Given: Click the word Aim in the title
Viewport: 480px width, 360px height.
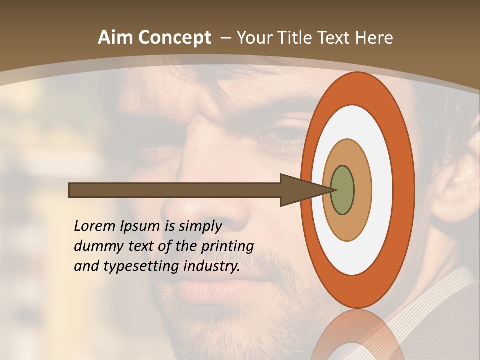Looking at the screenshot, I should point(117,38).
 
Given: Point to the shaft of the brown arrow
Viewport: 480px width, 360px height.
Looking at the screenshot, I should point(175,190).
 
